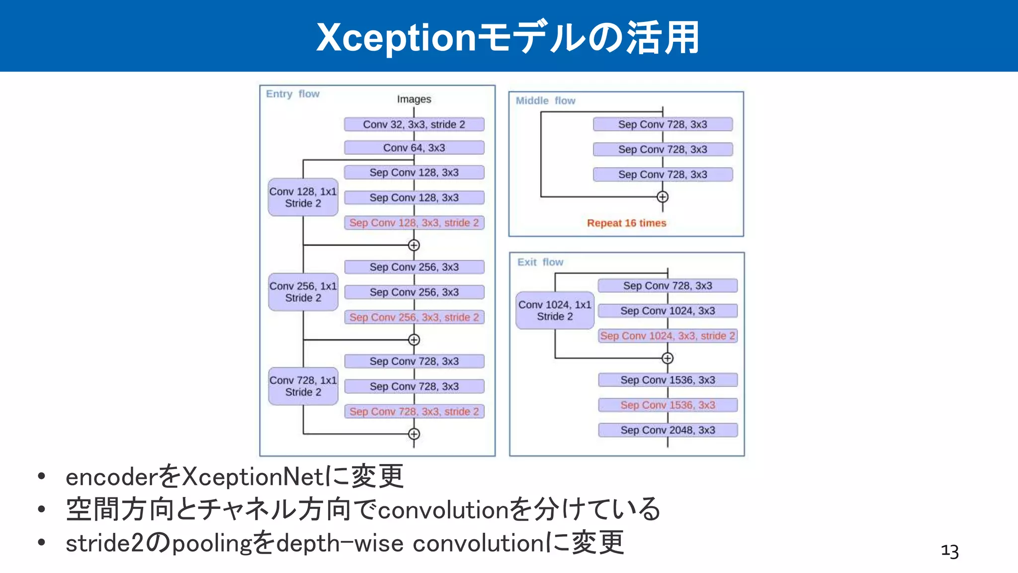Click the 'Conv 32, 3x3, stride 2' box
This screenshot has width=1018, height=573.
tap(414, 124)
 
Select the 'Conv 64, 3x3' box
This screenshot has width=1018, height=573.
tap(414, 148)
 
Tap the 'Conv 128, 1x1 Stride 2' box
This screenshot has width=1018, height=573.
tap(303, 197)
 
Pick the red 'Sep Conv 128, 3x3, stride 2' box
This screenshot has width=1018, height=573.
tap(414, 223)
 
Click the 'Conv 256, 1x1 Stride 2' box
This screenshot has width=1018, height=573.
tap(303, 292)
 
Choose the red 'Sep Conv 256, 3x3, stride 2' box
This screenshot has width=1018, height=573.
tap(414, 317)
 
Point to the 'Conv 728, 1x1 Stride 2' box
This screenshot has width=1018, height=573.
tap(303, 386)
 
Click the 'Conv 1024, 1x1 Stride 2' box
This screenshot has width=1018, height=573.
tap(555, 310)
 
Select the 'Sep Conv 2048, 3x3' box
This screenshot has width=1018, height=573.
tap(668, 430)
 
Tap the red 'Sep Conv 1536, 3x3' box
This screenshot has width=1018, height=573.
tap(668, 405)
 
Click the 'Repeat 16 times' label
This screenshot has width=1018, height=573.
tap(626, 223)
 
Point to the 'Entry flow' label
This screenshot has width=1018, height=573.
tap(292, 94)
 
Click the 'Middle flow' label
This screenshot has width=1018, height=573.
tap(545, 101)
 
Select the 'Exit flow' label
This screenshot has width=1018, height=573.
tap(540, 262)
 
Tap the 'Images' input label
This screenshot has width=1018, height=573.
tap(414, 99)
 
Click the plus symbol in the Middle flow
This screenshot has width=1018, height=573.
tap(662, 197)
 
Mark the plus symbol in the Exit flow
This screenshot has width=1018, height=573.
tap(668, 358)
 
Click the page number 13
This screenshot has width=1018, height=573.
tap(949, 551)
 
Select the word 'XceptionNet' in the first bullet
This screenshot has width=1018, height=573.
tap(254, 477)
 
